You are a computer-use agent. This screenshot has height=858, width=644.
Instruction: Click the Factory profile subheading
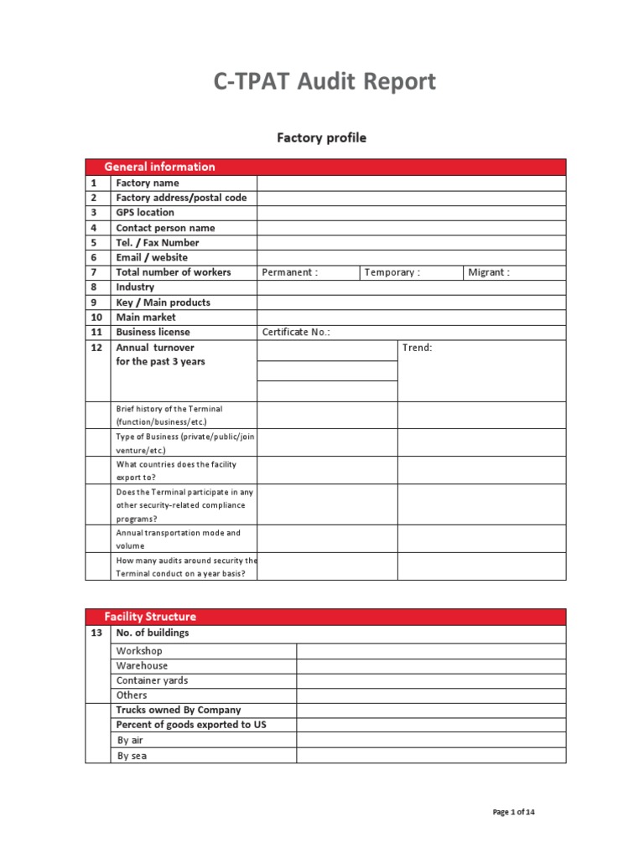322,137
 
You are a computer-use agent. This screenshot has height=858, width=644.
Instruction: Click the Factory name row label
148,183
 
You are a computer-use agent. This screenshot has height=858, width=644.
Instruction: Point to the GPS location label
145,213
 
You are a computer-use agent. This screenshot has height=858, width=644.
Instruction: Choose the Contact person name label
165,228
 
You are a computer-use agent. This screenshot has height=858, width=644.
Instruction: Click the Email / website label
152,257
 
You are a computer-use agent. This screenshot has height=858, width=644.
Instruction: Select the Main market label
146,318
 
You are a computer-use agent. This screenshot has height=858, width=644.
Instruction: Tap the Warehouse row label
142,665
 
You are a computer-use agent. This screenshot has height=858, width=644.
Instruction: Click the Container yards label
152,680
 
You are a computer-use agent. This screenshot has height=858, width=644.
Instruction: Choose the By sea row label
132,756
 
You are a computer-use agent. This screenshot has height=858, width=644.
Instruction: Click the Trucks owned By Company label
179,710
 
